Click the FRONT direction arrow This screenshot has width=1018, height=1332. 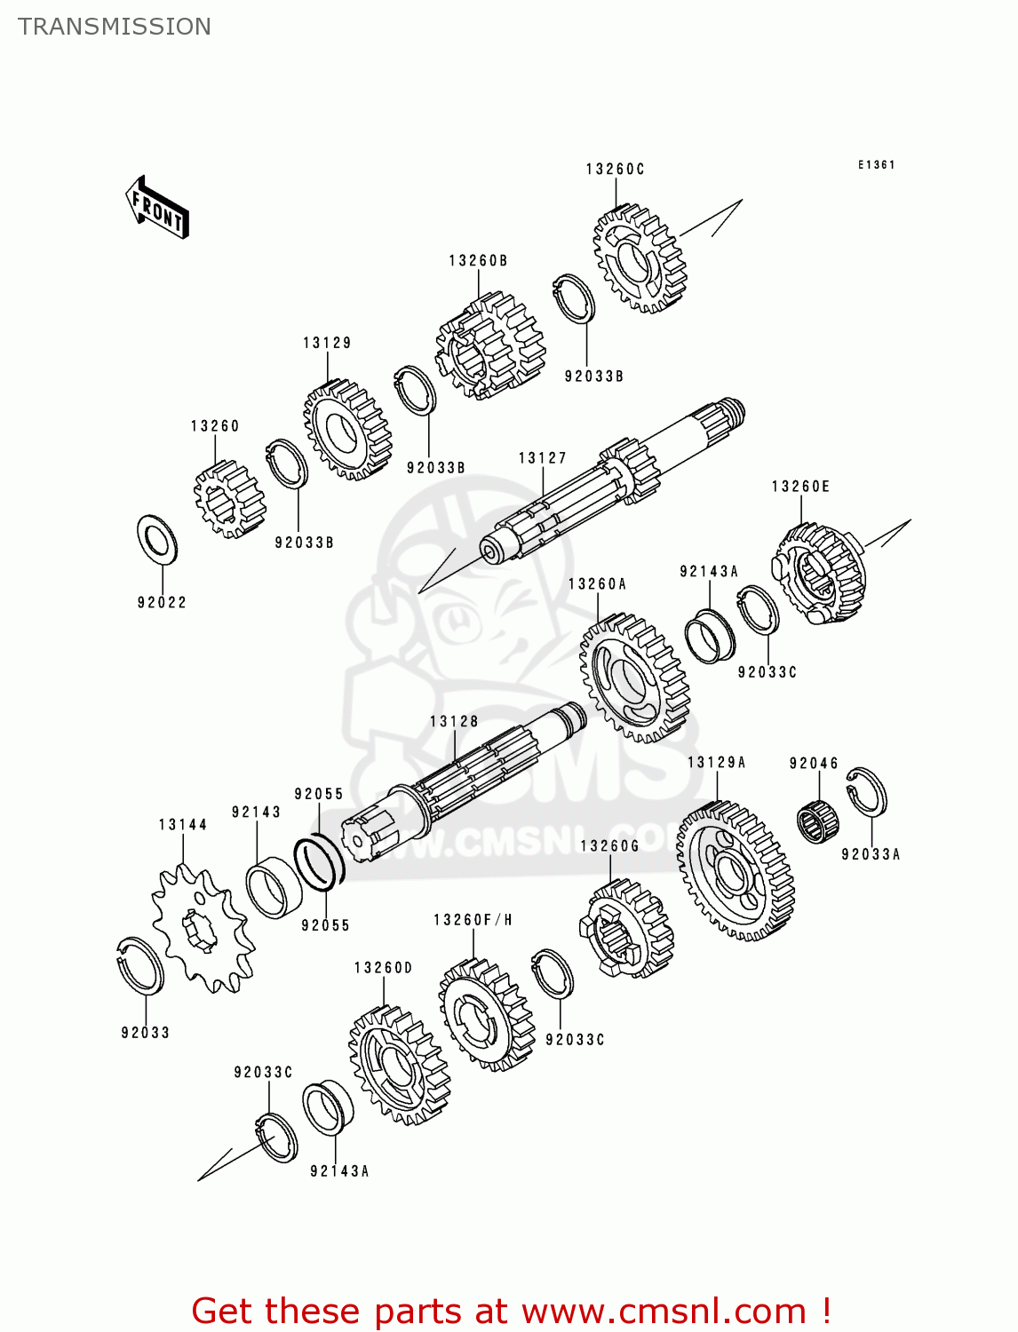click(x=157, y=207)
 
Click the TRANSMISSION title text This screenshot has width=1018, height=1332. click(x=115, y=27)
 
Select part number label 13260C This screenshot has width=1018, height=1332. click(x=615, y=169)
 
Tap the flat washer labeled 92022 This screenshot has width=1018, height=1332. click(x=157, y=540)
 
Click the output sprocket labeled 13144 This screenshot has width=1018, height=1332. click(x=202, y=929)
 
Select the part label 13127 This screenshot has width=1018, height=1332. click(x=542, y=458)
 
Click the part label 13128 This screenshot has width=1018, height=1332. click(x=454, y=722)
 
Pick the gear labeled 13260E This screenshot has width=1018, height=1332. click(x=819, y=573)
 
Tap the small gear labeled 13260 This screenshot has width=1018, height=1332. click(x=228, y=500)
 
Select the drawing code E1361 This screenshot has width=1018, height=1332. click(x=876, y=164)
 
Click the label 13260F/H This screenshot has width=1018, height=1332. click(x=473, y=920)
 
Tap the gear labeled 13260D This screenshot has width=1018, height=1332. click(x=399, y=1066)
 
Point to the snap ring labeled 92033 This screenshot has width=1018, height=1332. click(x=140, y=964)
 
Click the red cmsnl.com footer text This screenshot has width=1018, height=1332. click(x=511, y=1311)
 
